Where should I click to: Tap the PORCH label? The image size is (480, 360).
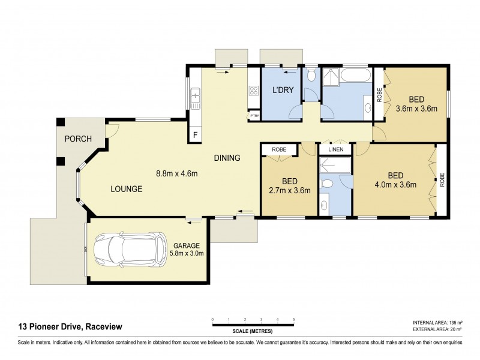78,139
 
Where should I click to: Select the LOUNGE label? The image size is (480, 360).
126,188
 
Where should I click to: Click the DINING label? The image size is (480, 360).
227,158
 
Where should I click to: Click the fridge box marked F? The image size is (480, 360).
195,136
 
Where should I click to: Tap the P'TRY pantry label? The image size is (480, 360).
254,115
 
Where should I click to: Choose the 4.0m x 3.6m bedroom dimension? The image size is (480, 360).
394,185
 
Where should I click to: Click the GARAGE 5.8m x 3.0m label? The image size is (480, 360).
188,249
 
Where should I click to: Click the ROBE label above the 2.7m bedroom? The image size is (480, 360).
279,149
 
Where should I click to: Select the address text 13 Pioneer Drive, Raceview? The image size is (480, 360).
71,326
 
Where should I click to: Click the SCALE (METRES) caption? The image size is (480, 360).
253,331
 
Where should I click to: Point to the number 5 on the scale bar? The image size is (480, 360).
293,319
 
